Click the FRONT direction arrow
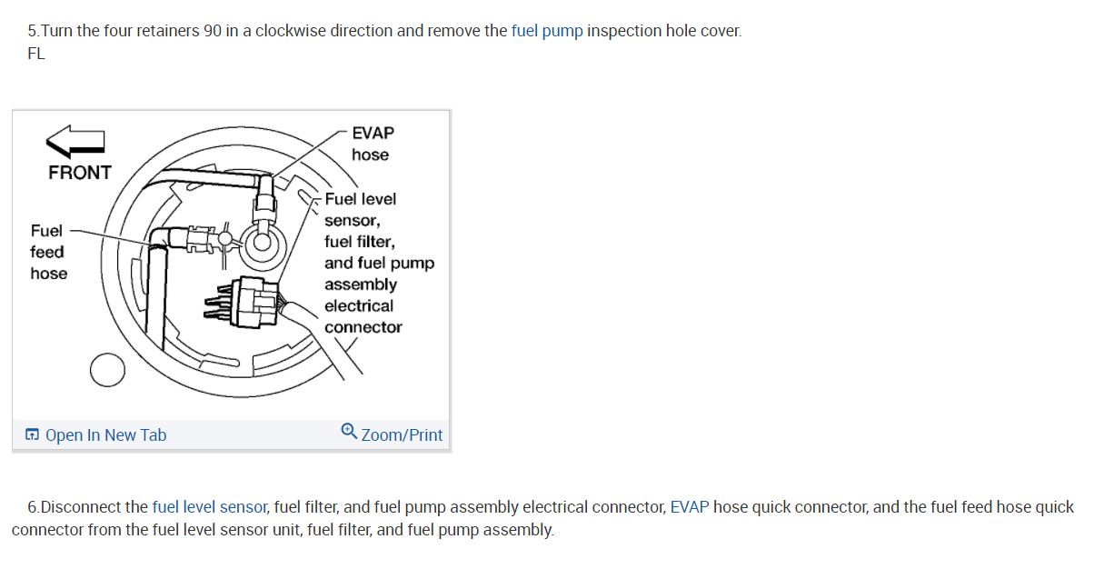76,141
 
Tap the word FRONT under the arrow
80,173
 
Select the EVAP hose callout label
372,144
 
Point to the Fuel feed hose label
47,252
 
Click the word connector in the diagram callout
363,327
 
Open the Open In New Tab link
105,435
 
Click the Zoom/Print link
402,435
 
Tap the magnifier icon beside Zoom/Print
349,432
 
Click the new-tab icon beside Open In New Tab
33,435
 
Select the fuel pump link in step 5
547,31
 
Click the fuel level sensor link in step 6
209,507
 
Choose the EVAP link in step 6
690,507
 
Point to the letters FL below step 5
36,54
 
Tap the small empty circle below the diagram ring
107,369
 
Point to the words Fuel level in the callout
361,199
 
